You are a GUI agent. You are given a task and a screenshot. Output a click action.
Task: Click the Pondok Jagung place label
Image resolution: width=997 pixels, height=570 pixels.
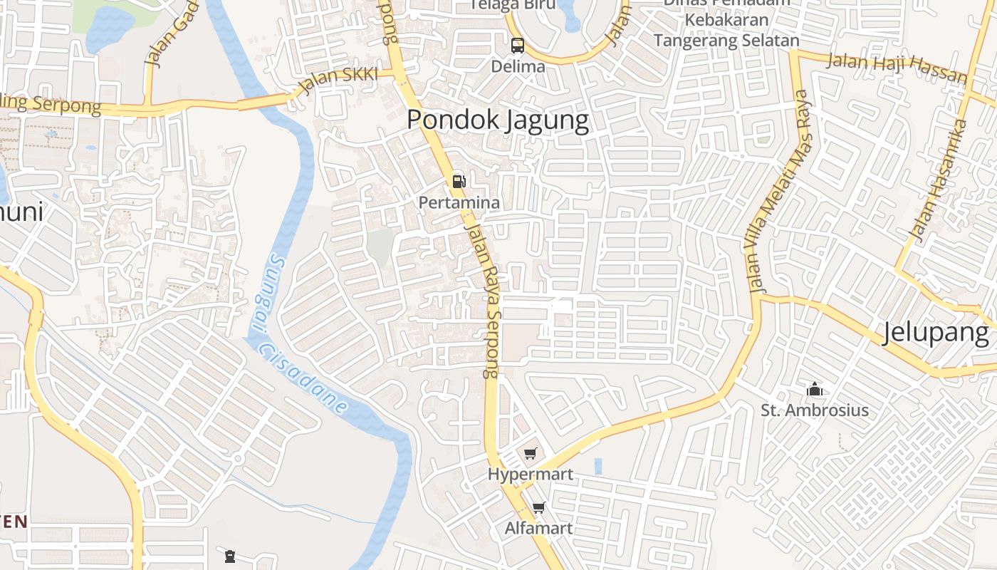498,120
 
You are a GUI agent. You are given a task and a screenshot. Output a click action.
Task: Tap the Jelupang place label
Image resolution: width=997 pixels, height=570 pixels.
936,333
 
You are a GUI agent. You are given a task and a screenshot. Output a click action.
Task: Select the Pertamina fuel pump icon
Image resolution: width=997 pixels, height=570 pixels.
459,182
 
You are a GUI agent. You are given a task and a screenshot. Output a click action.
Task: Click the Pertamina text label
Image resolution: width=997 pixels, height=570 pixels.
459,203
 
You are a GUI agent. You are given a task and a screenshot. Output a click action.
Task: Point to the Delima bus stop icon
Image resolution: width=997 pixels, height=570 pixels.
518,46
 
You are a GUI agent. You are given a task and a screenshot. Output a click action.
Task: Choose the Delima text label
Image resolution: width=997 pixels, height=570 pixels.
518,67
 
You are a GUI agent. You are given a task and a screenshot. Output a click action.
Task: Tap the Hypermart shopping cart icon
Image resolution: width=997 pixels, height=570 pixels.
530,454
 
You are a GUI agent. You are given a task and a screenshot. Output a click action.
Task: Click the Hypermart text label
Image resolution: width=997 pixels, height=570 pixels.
530,475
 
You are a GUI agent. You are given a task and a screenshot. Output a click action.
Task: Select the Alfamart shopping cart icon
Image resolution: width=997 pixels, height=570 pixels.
538,508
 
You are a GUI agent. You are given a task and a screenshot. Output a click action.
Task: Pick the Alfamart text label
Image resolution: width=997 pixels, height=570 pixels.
538,529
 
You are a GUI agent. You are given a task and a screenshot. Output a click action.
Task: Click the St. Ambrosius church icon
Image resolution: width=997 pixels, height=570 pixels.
815,390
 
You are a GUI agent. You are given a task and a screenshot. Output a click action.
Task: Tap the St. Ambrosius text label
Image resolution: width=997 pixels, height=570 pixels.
815,410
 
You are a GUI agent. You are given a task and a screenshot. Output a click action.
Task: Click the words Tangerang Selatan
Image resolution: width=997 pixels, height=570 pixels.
726,41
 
